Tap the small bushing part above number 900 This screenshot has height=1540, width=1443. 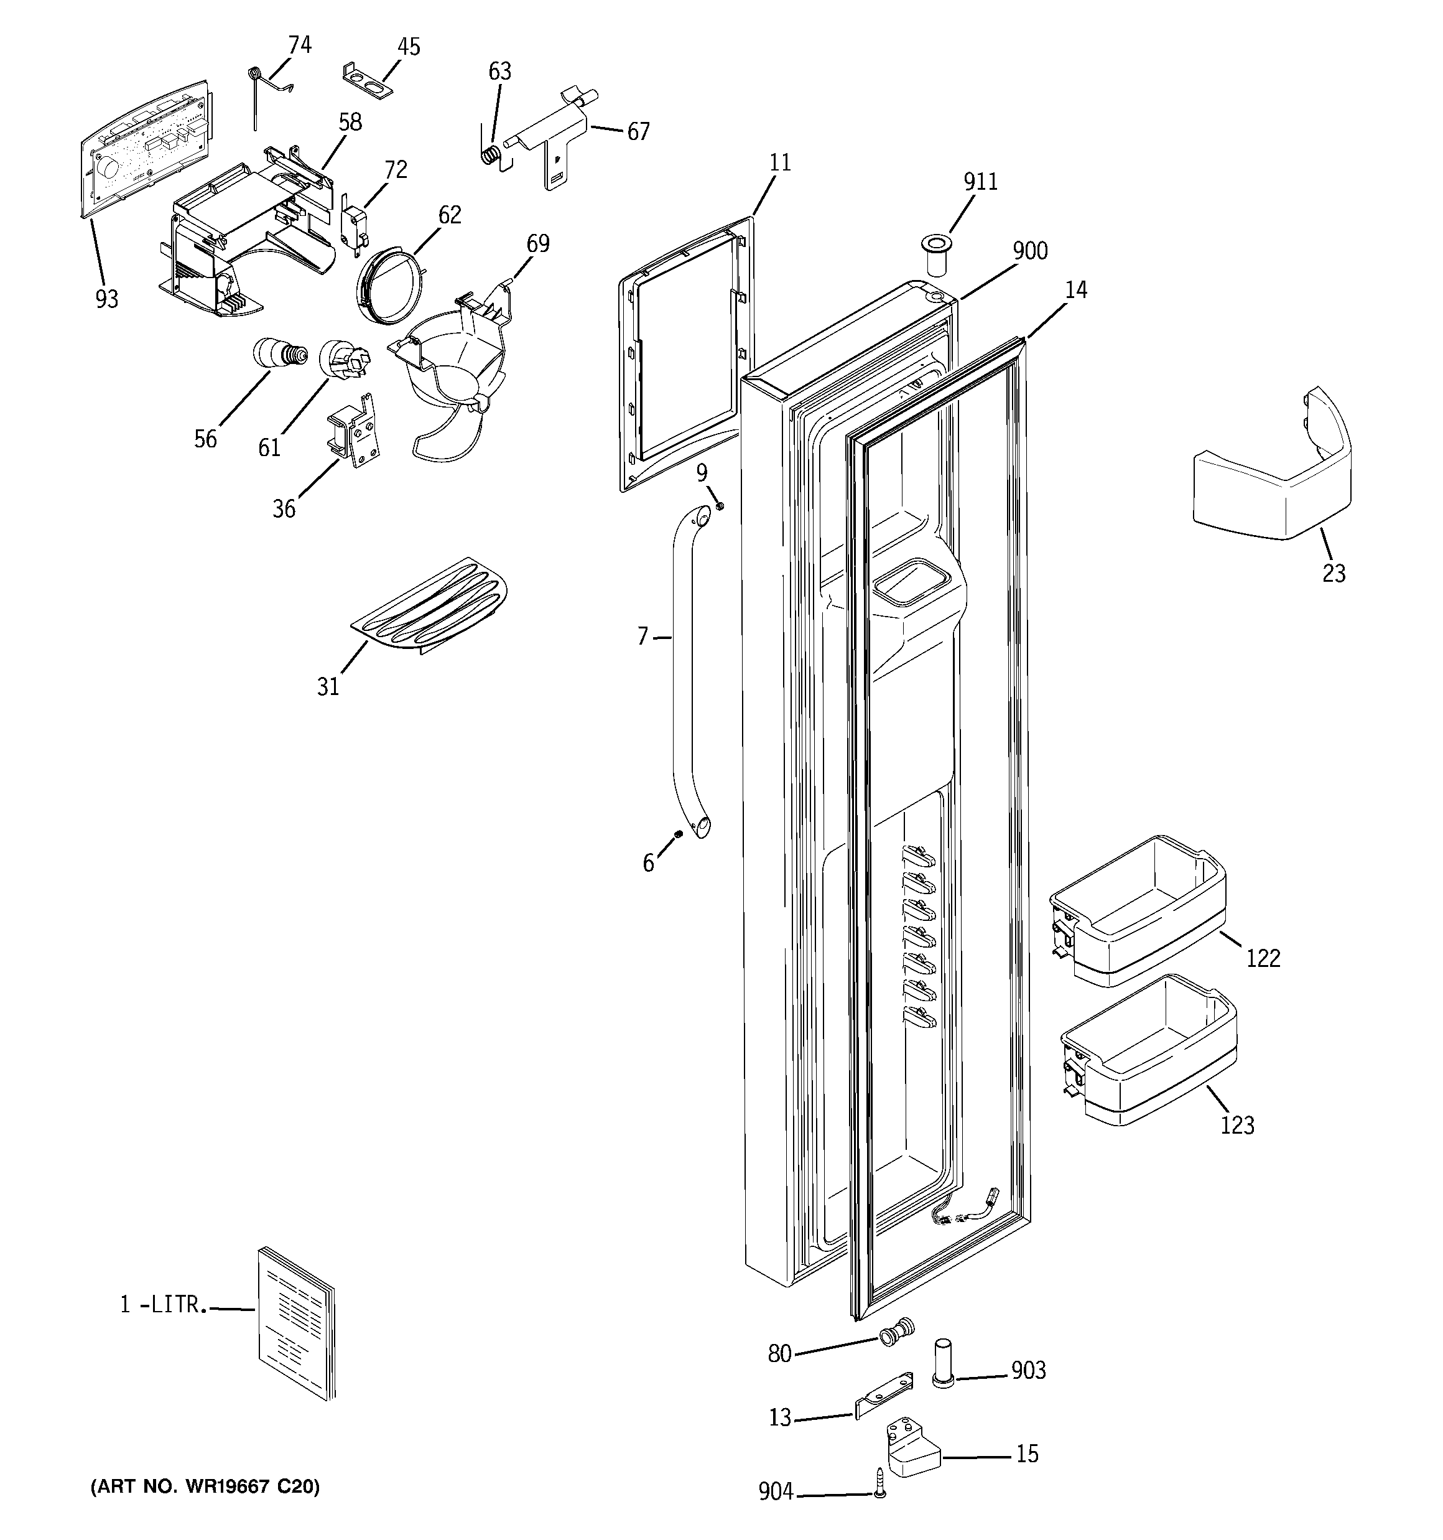coord(937,256)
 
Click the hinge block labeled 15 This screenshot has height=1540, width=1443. coord(912,1449)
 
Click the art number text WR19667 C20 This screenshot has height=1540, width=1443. coord(205,1486)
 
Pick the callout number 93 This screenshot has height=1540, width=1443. coord(107,299)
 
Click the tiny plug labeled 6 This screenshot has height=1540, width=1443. coord(678,834)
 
